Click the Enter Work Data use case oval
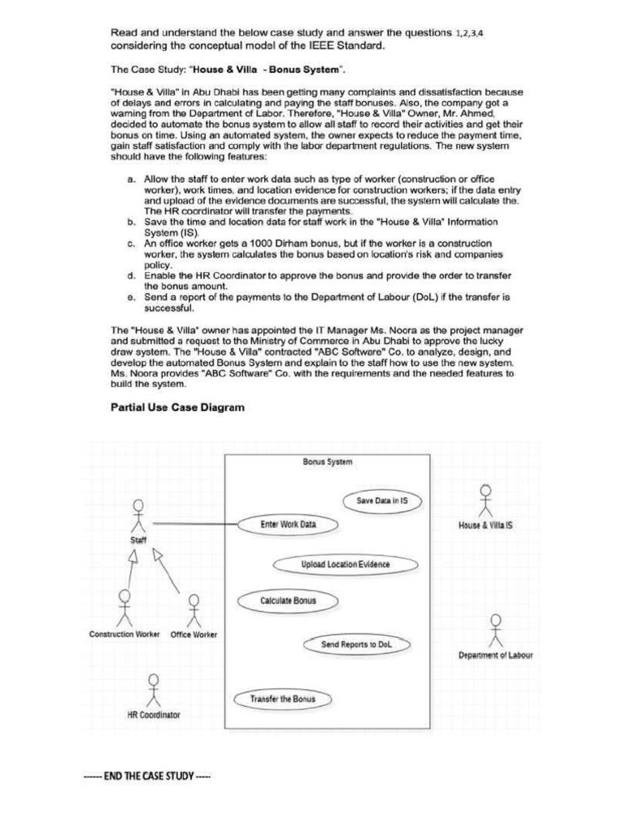click(x=288, y=525)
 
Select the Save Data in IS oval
click(x=382, y=501)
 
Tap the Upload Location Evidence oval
click(x=345, y=564)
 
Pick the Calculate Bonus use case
click(x=288, y=601)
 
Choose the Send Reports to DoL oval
click(x=356, y=644)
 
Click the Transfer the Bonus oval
click(x=283, y=699)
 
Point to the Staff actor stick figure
click(x=138, y=515)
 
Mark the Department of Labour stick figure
click(x=496, y=630)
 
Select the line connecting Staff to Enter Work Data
click(x=194, y=524)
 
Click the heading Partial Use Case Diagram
click(x=177, y=408)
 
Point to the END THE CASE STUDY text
click(x=147, y=776)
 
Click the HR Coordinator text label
click(x=154, y=715)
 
